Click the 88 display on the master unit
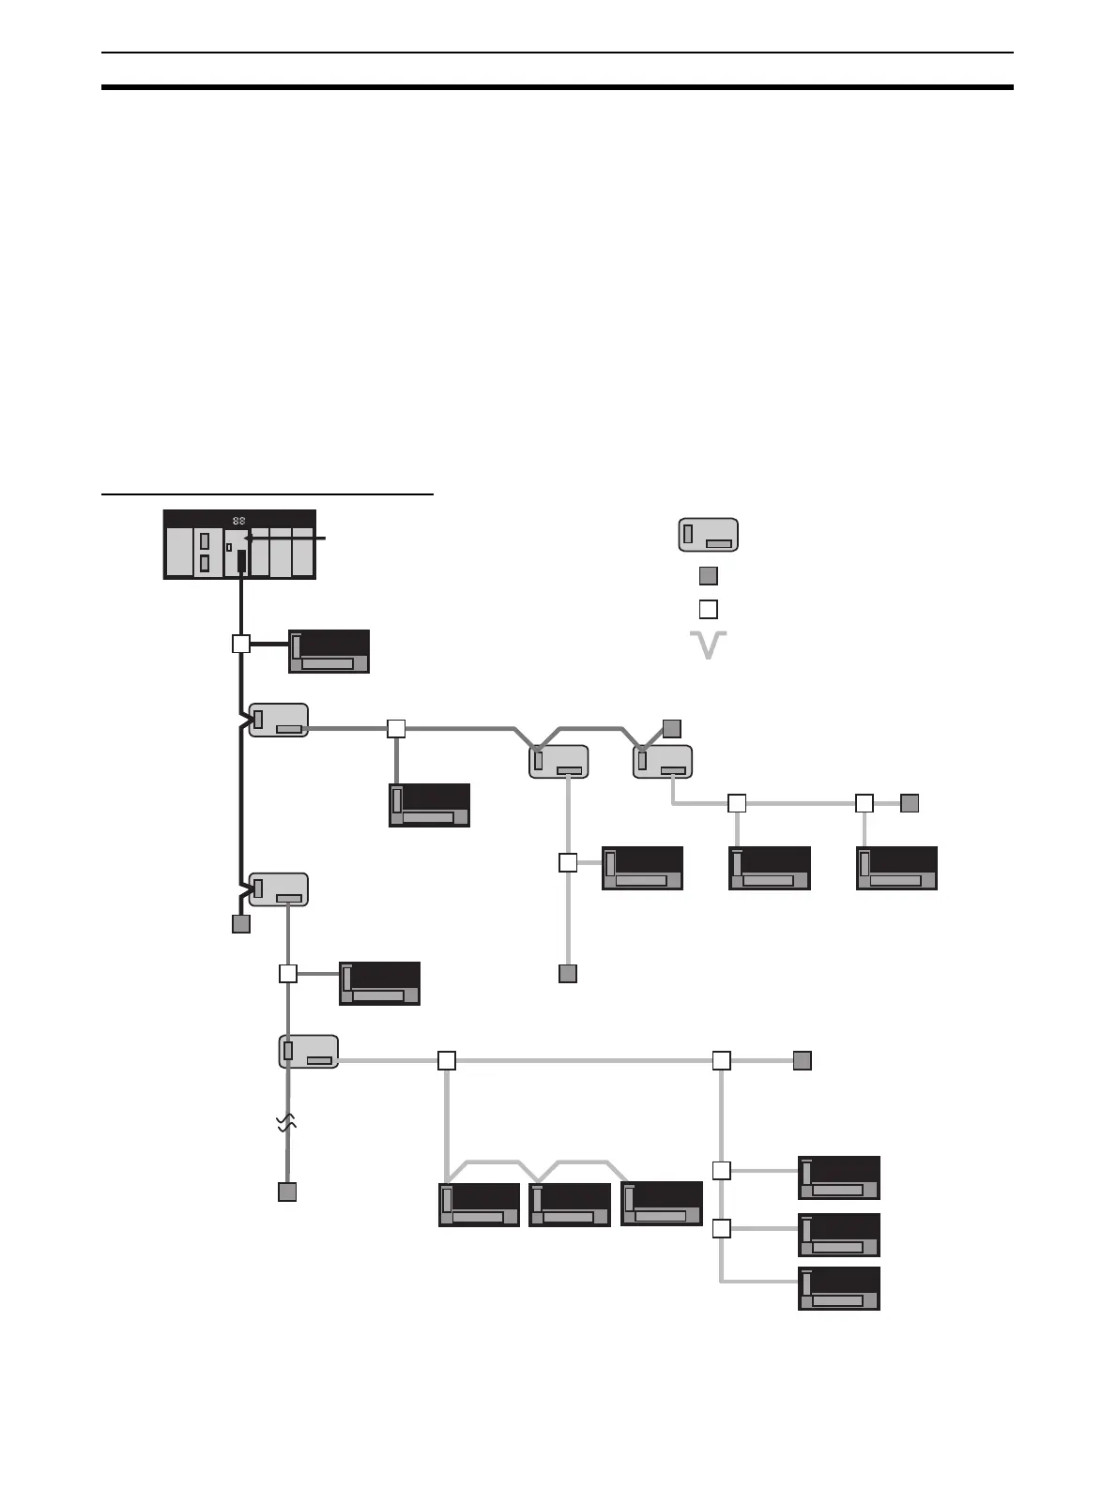point(239,521)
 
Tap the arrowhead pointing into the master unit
point(249,539)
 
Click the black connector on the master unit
point(241,561)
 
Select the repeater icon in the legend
point(709,534)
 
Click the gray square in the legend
point(709,575)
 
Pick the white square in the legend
point(709,609)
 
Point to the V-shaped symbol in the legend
point(709,645)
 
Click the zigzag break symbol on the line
point(287,1123)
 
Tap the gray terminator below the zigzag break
point(287,1192)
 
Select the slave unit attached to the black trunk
point(329,651)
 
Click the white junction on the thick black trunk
point(241,644)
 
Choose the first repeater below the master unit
point(279,720)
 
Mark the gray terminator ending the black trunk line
point(241,924)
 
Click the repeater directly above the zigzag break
point(309,1052)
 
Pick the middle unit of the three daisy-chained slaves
point(570,1205)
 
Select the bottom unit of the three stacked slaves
point(839,1288)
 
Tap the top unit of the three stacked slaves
point(839,1177)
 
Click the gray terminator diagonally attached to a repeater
point(671,728)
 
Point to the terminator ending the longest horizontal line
point(802,1061)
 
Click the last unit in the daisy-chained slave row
point(662,1204)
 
